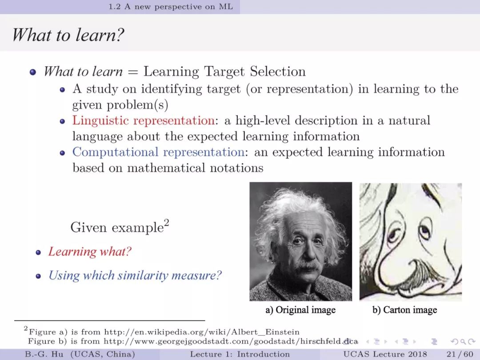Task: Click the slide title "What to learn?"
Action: pos(68,35)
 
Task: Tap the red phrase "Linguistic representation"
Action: pos(143,120)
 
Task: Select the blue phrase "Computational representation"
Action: pos(158,152)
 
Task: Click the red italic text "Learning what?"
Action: pos(90,252)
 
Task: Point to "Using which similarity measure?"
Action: pos(135,276)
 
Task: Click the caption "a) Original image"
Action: pos(300,310)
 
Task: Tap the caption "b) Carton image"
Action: pos(404,310)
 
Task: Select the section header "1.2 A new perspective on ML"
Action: pos(171,7)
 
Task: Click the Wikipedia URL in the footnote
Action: pos(202,332)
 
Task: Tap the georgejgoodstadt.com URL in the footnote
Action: pos(231,341)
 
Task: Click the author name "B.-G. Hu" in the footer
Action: pos(44,354)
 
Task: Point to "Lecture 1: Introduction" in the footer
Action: pos(240,354)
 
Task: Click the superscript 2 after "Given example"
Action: pos(167,222)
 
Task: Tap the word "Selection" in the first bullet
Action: pos(278,71)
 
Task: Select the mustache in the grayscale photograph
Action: pos(307,267)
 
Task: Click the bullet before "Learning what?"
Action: pos(38,252)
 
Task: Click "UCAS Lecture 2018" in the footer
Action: pos(385,354)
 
